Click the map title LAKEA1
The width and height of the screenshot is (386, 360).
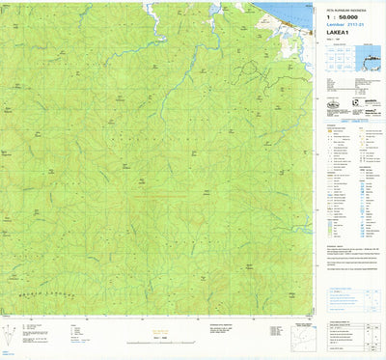tap(338, 33)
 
